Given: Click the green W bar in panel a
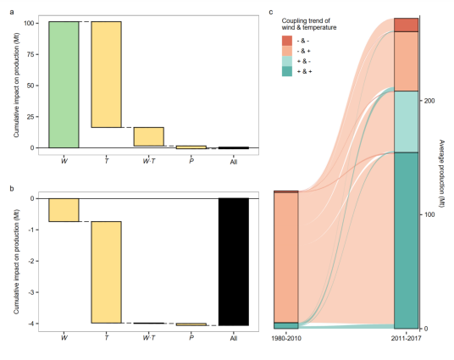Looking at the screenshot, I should (x=64, y=85).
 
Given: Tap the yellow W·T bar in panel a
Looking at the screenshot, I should (x=148, y=136).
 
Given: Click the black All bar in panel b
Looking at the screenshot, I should (x=233, y=261).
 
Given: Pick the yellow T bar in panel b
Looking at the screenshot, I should (x=106, y=272).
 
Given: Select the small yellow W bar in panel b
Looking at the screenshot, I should (x=64, y=209).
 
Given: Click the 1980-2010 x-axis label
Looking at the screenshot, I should (x=286, y=339).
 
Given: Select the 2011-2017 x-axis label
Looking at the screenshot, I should (x=407, y=339).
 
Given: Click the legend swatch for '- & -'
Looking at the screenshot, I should (x=287, y=40).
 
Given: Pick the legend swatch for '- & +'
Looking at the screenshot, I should (x=287, y=51).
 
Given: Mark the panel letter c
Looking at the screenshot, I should (x=271, y=12).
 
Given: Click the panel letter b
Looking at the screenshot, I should (x=12, y=188).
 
